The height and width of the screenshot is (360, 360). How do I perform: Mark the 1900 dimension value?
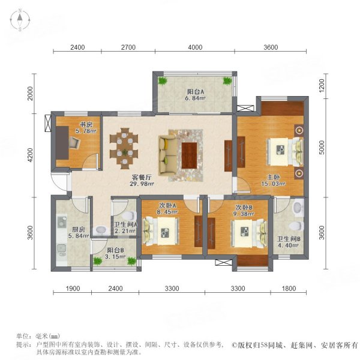72,289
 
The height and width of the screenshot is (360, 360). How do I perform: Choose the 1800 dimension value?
289,289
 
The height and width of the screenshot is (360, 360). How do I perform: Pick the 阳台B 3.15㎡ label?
115,254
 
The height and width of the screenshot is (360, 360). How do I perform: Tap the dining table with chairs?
124,146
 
